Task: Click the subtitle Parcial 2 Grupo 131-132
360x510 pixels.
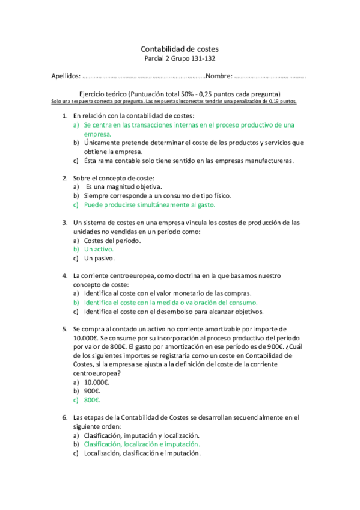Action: pos(180,59)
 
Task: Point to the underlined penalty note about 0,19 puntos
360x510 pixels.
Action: pos(174,102)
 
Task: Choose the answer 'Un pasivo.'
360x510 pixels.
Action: pos(99,258)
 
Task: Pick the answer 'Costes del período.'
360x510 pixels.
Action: pos(112,240)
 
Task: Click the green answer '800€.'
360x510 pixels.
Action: pos(93,399)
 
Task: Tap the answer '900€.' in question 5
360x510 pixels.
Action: pos(93,390)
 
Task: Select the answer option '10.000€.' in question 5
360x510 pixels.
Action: pos(97,381)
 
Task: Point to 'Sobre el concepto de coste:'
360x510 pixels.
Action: pos(114,177)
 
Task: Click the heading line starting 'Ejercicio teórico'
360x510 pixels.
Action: pos(180,94)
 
